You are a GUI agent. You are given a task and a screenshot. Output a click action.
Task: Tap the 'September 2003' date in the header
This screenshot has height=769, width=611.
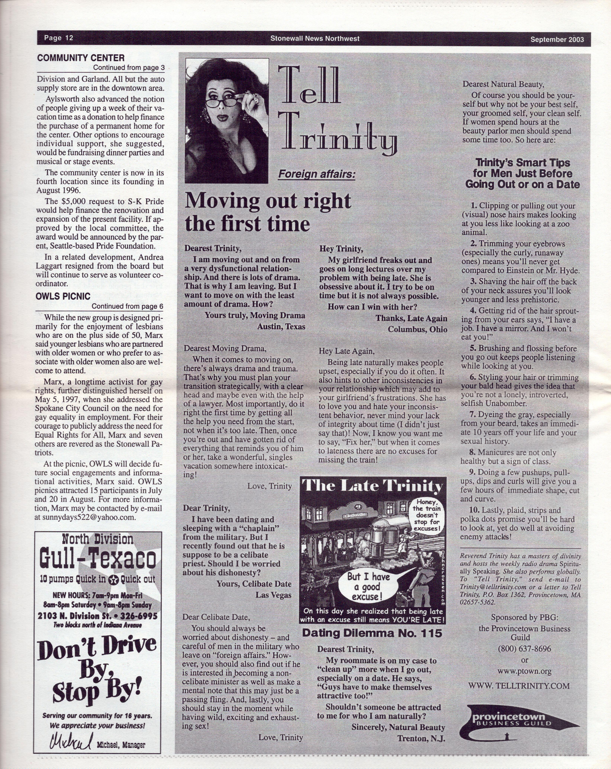click(x=557, y=39)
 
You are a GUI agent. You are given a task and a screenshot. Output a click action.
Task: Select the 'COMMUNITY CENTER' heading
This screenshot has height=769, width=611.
click(x=81, y=58)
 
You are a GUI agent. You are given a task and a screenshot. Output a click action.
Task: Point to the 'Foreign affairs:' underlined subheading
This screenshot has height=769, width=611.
click(x=316, y=174)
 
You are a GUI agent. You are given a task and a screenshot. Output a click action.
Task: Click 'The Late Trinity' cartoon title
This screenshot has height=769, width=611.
click(x=372, y=486)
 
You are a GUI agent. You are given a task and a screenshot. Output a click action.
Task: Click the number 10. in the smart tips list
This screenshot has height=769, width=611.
click(x=474, y=510)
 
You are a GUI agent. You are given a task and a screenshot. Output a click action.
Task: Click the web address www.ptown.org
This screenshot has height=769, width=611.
click(x=524, y=671)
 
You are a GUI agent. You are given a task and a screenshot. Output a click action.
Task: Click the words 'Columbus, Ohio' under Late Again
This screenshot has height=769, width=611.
click(x=417, y=329)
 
